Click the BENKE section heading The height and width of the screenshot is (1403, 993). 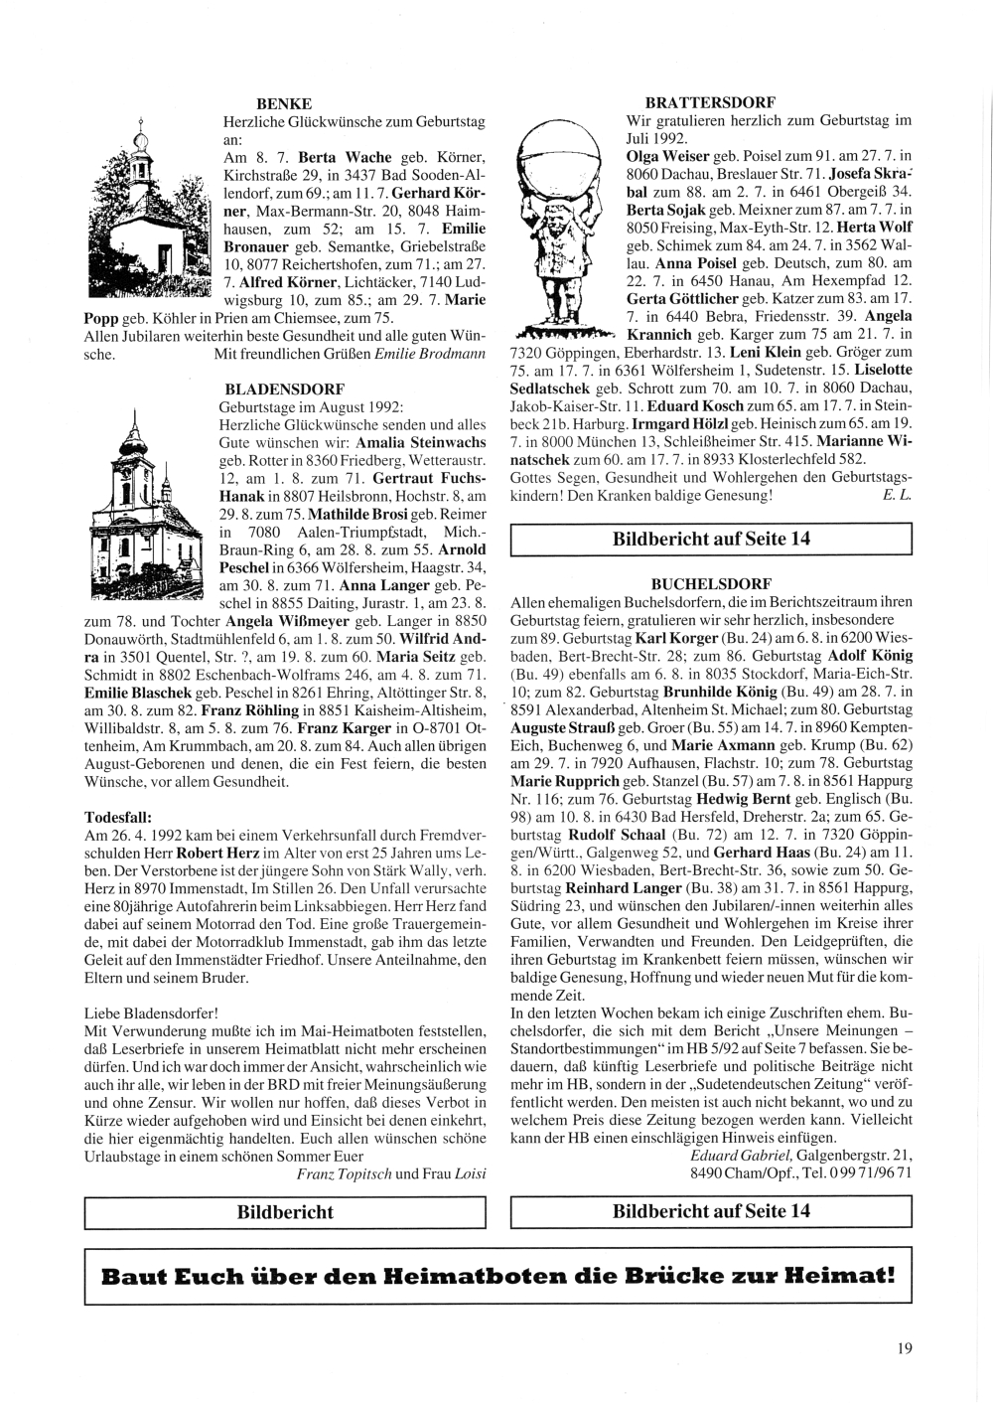(284, 103)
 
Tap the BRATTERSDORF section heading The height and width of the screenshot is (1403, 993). (710, 102)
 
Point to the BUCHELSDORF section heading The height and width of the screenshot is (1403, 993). (710, 583)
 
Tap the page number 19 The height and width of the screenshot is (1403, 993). (901, 1348)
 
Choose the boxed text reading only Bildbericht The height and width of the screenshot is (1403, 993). (284, 1212)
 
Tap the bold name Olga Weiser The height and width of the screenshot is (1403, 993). (667, 157)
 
